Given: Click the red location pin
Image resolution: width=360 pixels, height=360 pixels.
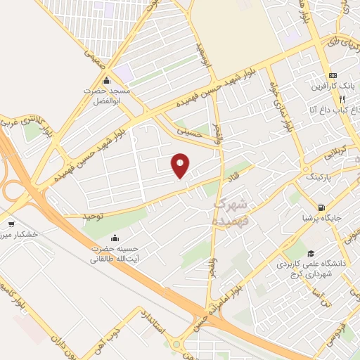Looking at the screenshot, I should [181, 165].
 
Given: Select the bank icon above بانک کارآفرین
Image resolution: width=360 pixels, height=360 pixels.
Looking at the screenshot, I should [333, 76].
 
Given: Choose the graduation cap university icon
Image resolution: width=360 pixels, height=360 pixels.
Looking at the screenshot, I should [310, 254].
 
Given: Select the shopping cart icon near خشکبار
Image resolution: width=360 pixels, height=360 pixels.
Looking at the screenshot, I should [11, 224].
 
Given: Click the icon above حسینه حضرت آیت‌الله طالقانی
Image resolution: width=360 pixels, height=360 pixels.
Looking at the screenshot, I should [115, 236].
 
